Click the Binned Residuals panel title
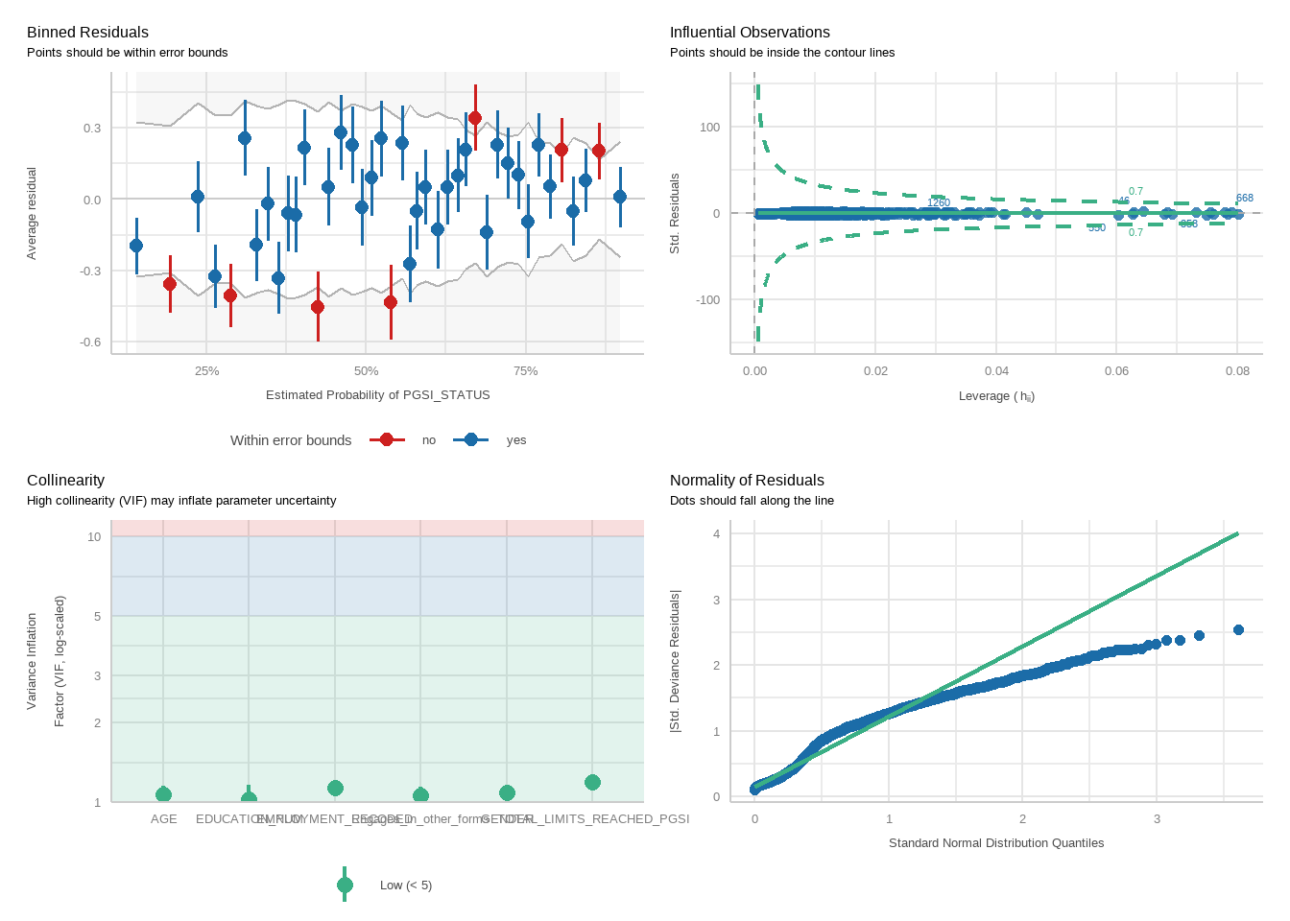87,33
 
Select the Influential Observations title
750,33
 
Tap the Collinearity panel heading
65,481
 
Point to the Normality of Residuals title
747,481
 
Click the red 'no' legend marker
387,439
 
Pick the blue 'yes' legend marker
470,439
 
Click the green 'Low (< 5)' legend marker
346,885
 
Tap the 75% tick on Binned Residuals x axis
525,371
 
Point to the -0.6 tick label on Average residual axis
91,342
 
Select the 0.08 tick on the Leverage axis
1237,371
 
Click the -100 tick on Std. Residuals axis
708,300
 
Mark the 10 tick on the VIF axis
94,537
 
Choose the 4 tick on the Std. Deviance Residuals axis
716,534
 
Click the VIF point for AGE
163,794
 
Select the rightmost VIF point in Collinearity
592,783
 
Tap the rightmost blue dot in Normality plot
1238,630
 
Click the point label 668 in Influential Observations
1244,199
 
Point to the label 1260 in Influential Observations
939,203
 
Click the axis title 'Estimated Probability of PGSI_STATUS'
377,395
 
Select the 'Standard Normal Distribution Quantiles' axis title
995,843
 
